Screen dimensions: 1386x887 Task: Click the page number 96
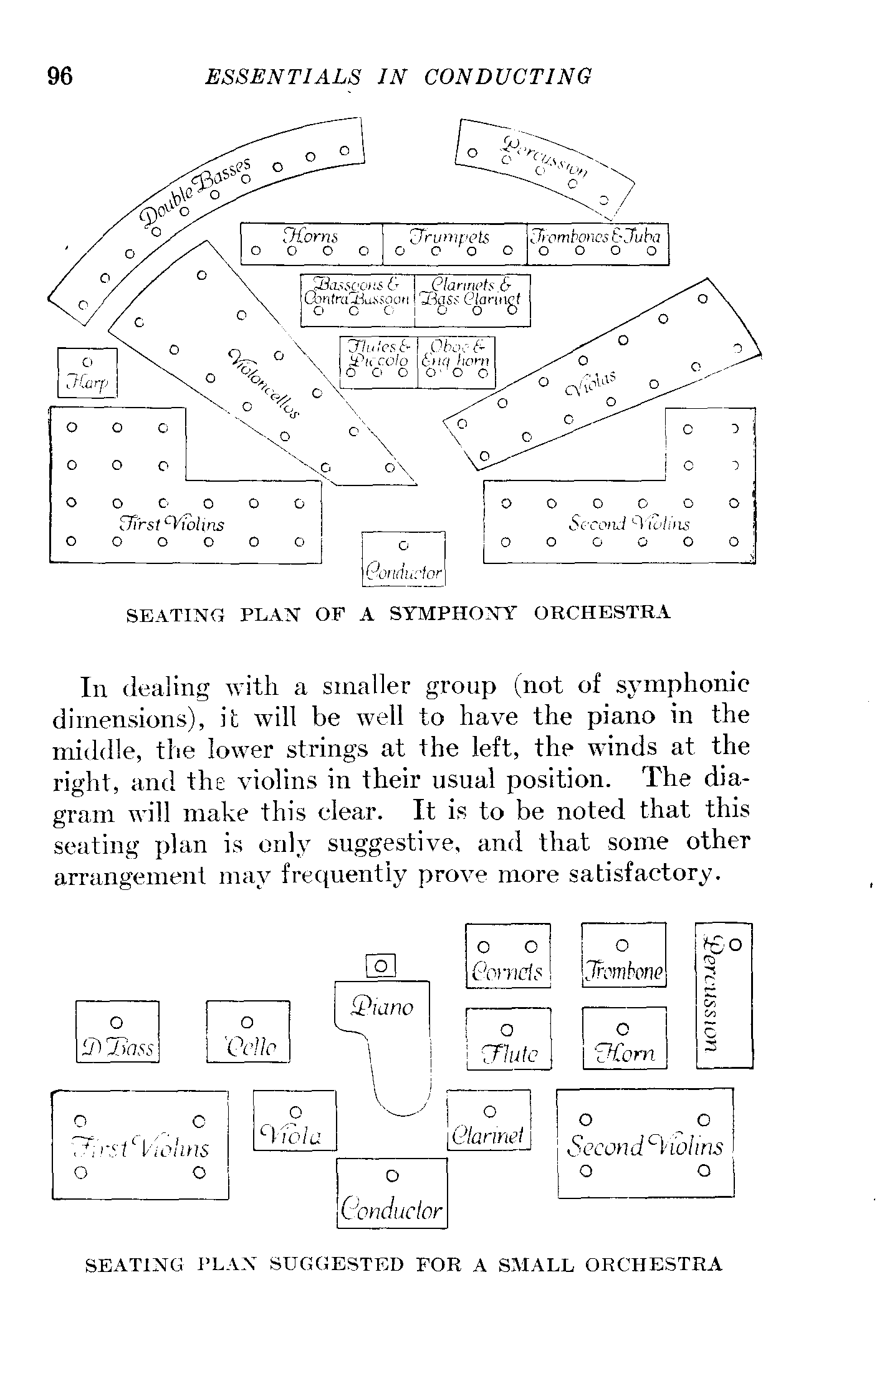(x=60, y=76)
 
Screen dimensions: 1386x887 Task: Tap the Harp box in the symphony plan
(x=87, y=372)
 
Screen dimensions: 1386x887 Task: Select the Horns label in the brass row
(x=310, y=236)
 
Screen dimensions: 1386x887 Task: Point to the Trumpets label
(x=449, y=237)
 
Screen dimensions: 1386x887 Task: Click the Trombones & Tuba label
(x=597, y=236)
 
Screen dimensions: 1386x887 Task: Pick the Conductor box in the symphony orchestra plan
(x=403, y=558)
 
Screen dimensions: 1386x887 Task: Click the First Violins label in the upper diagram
(x=172, y=523)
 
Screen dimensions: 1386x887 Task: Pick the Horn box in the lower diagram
(x=624, y=1038)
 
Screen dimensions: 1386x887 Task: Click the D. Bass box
(x=117, y=1031)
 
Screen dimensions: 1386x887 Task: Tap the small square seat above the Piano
(x=381, y=967)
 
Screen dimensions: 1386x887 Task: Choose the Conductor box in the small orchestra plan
(x=392, y=1193)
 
